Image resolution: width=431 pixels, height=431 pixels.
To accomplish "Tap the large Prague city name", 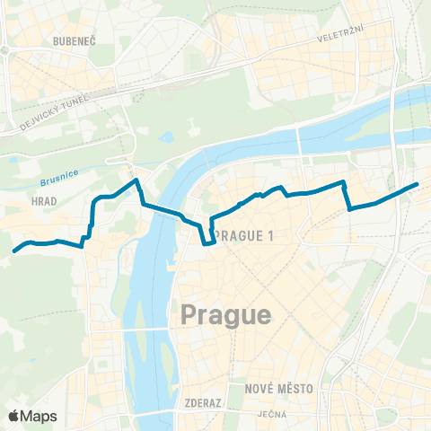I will [x=225, y=314].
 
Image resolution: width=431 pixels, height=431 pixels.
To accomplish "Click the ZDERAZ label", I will [x=201, y=403].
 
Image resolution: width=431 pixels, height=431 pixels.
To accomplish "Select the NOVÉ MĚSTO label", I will [x=278, y=389].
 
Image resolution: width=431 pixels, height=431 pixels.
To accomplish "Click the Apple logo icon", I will [x=15, y=416].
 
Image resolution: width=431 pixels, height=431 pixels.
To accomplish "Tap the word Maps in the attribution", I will [x=40, y=416].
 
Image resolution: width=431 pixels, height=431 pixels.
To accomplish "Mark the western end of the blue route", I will [x=14, y=251].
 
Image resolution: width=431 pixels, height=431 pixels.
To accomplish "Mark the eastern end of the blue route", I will [x=417, y=184].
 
